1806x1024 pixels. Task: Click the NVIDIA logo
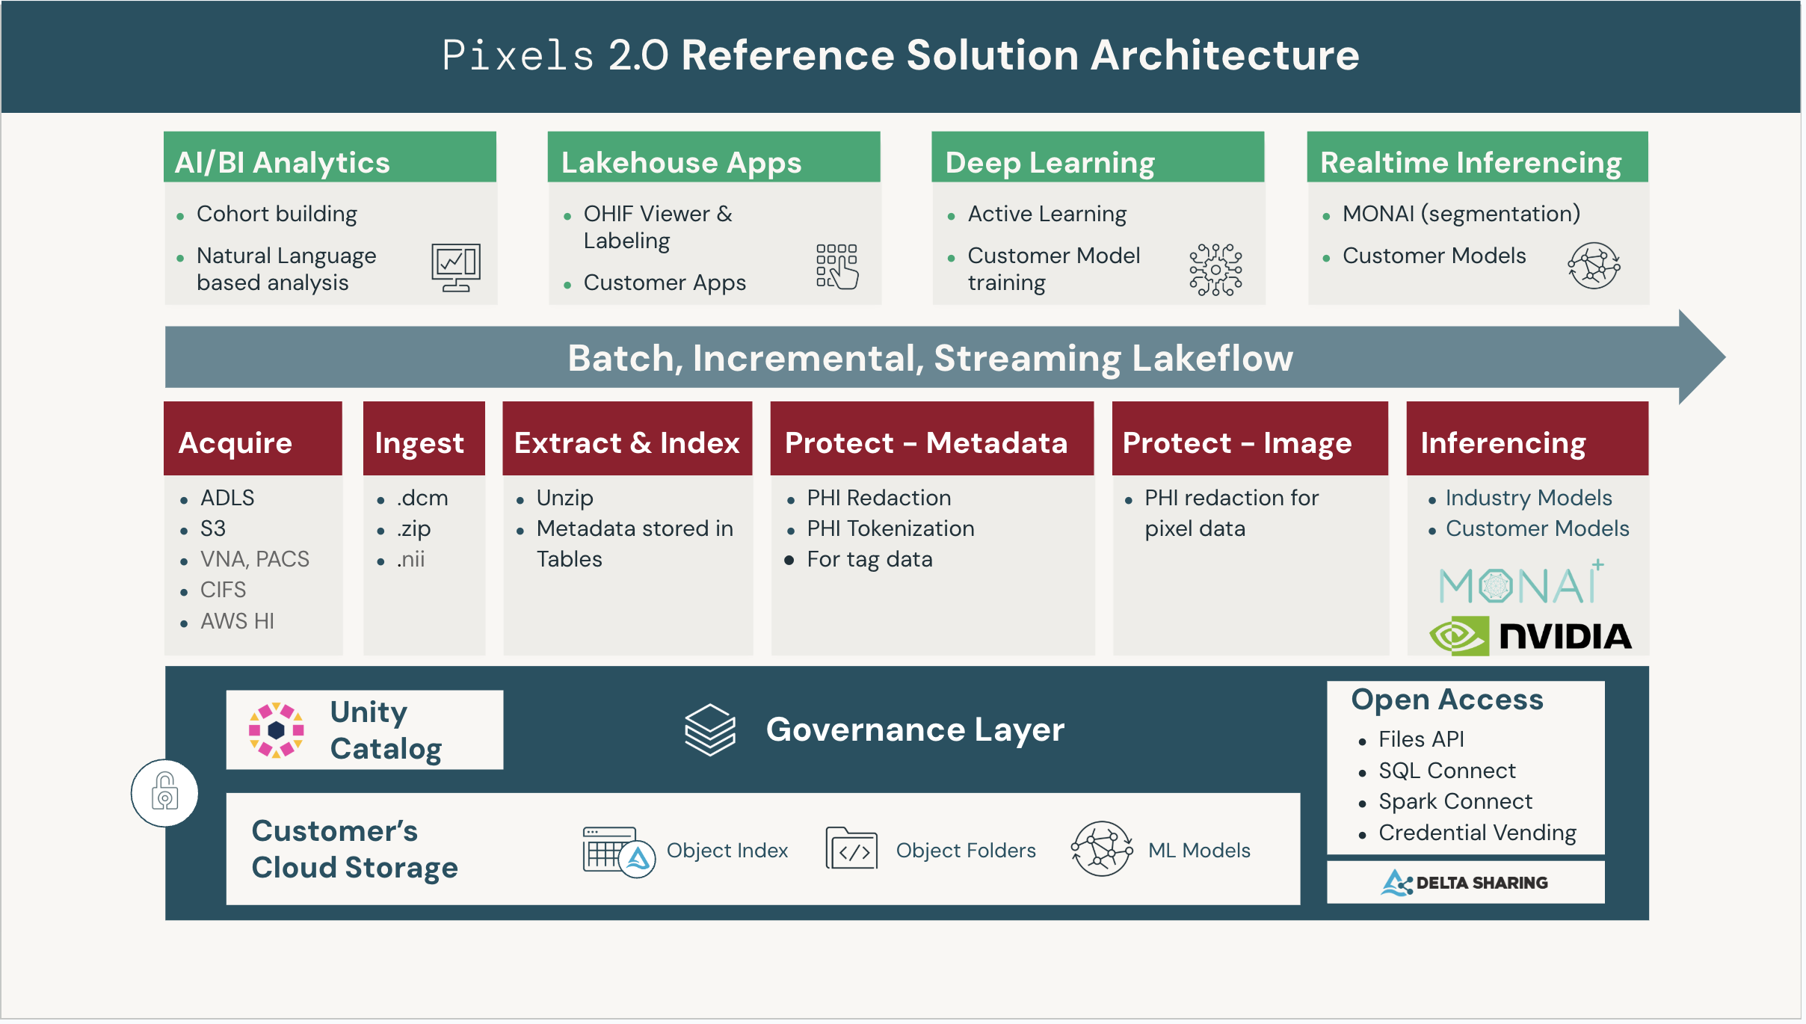point(1530,635)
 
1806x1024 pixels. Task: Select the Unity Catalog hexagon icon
point(276,730)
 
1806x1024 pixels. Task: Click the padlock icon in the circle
point(164,793)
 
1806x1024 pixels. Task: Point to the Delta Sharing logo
point(1464,883)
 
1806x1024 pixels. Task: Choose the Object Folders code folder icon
point(851,849)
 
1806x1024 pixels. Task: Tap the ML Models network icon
point(1101,849)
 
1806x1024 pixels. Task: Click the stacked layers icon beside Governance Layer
point(709,730)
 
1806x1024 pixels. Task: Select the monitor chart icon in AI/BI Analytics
point(455,267)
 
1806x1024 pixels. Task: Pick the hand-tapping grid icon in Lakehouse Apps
point(837,266)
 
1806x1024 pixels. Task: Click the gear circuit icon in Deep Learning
point(1215,269)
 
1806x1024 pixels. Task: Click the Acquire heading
point(235,442)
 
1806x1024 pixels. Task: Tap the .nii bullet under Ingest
point(411,559)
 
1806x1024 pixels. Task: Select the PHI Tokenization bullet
point(890,528)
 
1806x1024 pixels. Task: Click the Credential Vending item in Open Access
point(1477,833)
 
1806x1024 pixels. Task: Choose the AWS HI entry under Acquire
point(237,621)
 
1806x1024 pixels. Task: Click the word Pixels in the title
point(518,55)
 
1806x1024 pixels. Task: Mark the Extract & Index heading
point(626,442)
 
